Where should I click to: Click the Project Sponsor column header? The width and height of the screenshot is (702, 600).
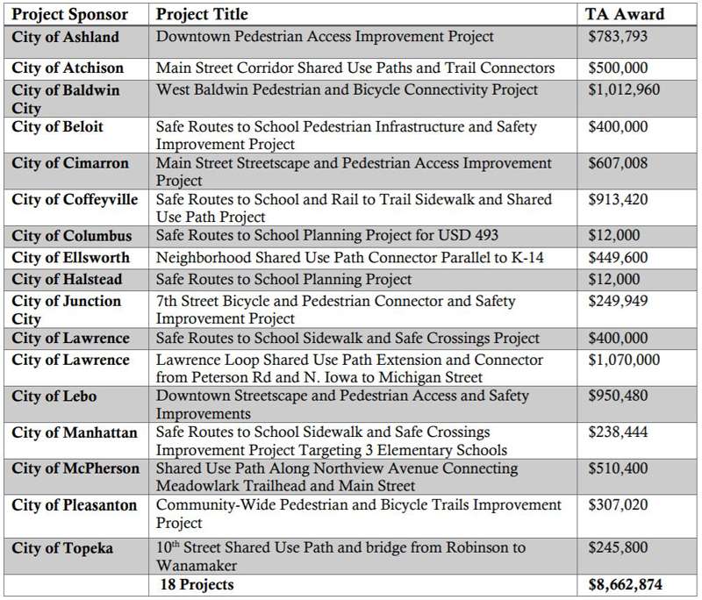70,14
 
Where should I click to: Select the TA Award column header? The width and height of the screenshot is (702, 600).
625,14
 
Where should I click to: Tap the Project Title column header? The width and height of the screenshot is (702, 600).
202,14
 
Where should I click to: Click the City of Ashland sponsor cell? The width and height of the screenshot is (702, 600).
65,37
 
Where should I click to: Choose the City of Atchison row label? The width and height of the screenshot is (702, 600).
68,68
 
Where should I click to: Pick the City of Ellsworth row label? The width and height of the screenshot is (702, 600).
70,258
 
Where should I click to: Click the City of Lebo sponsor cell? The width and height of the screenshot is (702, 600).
54,396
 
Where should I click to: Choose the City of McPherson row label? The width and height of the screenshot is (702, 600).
75,468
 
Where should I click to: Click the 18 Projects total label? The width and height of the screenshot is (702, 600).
197,583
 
